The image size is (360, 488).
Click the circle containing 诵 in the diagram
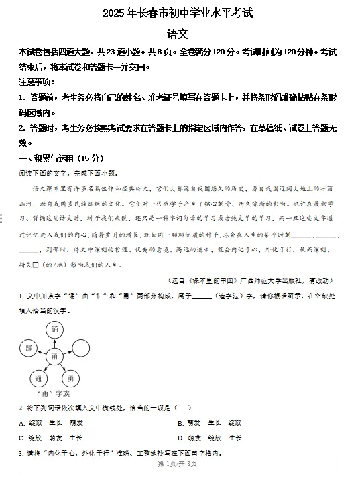(55, 330)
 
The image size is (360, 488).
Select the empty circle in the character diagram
(80, 348)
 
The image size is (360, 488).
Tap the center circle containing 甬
(55, 356)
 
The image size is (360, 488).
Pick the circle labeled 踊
(28, 349)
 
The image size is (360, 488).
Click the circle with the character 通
(39, 379)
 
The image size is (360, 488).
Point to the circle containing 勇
(72, 379)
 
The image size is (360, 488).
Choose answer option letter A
(22, 423)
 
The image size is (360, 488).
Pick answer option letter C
(22, 438)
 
